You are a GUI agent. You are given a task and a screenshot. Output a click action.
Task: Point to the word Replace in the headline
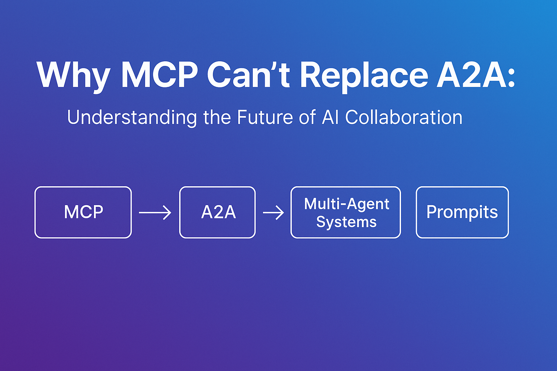click(364, 75)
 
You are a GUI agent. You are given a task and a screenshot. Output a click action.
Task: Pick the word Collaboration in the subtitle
click(404, 117)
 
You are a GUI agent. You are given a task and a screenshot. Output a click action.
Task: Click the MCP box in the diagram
click(83, 212)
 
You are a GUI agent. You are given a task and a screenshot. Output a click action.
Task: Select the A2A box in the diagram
click(218, 212)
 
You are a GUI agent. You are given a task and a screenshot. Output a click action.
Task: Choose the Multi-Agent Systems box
click(346, 212)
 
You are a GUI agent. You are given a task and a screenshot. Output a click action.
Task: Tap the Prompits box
click(462, 212)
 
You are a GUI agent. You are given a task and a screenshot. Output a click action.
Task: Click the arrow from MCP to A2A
click(155, 213)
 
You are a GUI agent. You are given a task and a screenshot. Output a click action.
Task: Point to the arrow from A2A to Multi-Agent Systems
click(273, 213)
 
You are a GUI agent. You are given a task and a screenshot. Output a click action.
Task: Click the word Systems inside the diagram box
click(346, 222)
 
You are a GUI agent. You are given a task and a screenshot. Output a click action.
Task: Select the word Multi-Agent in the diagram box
click(347, 204)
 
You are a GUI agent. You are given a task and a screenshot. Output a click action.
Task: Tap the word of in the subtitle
click(308, 117)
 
